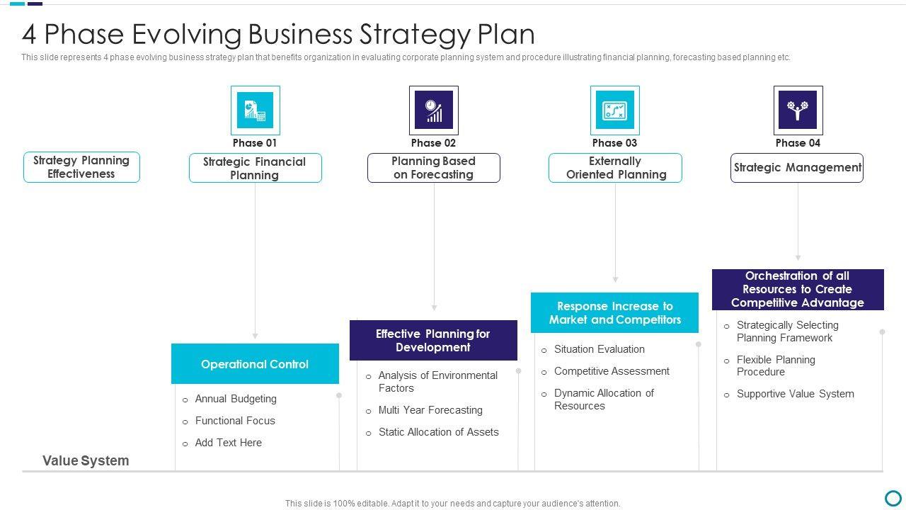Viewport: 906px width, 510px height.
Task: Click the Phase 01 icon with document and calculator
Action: [x=255, y=110]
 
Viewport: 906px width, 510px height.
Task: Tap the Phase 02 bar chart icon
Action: [x=433, y=110]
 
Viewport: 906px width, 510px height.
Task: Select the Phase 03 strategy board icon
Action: [x=614, y=110]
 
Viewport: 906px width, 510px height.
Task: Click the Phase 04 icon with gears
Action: [x=798, y=110]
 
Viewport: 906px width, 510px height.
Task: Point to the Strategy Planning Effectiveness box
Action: [x=81, y=167]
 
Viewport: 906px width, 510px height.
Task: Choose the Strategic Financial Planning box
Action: [x=255, y=169]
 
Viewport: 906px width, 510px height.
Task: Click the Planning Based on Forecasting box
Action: [x=433, y=168]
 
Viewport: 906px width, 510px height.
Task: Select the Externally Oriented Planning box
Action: [x=615, y=168]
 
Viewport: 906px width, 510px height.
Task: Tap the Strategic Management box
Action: [x=797, y=168]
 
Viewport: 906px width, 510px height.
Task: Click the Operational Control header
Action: [x=255, y=364]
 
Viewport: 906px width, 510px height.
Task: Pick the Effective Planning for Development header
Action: [x=433, y=341]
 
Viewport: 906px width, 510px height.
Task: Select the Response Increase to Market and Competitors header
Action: [x=614, y=313]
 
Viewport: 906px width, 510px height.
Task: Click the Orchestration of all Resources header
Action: [x=798, y=289]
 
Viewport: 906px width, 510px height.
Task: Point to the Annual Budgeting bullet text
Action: [x=236, y=399]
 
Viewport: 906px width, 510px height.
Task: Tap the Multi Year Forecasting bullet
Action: [x=430, y=410]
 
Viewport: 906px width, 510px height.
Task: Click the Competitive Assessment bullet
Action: [x=612, y=371]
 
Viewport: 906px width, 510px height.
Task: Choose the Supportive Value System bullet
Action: [x=795, y=394]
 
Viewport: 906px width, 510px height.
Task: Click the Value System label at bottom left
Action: [x=86, y=460]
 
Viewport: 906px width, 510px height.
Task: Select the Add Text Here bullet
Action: [x=228, y=443]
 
